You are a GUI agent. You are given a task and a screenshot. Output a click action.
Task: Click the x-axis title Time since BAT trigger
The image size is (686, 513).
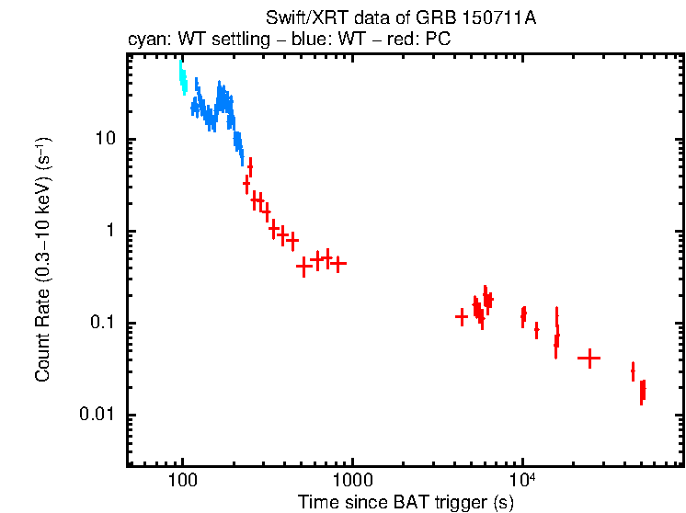(406, 502)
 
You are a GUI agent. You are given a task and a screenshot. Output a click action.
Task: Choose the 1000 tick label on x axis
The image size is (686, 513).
(352, 480)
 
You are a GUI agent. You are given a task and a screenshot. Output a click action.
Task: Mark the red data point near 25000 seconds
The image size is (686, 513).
(589, 359)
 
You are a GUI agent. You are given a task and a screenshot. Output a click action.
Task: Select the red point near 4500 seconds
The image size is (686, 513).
(462, 317)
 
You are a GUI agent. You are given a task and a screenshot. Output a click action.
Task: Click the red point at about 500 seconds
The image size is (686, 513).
(303, 267)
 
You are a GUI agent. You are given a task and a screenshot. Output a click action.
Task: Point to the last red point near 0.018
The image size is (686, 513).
(643, 392)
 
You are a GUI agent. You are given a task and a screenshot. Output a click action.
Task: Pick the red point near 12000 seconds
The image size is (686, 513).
(537, 330)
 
